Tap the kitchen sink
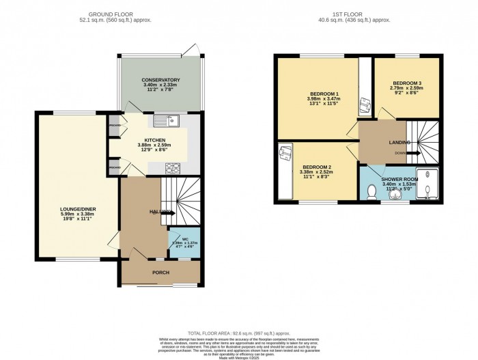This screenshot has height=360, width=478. click(165, 122)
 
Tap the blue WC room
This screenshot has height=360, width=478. click(184, 243)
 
